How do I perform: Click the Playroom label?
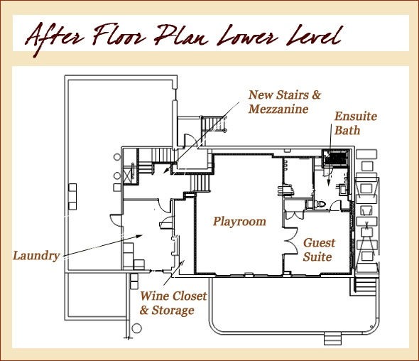click(x=239, y=222)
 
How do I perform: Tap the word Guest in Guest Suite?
click(x=319, y=243)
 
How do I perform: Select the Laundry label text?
click(x=36, y=256)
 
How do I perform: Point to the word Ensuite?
click(x=356, y=117)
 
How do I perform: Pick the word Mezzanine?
click(x=278, y=109)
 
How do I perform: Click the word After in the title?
click(x=55, y=38)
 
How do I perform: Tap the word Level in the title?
click(x=314, y=36)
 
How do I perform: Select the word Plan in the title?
click(x=181, y=36)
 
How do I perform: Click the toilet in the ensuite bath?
click(x=320, y=204)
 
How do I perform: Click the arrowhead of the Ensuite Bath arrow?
click(x=329, y=183)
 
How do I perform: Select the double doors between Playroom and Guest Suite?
click(x=291, y=241)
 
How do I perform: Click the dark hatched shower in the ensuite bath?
click(x=336, y=158)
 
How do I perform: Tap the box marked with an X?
click(x=127, y=175)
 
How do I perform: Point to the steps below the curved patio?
click(x=332, y=339)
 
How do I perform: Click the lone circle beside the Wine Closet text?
click(x=136, y=328)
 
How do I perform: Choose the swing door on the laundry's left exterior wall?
click(x=116, y=220)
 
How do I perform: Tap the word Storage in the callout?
click(x=173, y=311)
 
